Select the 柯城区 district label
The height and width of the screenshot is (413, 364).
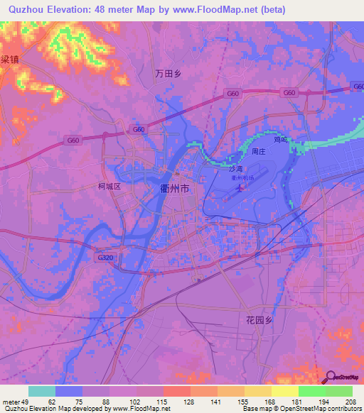pyautogui.click(x=110, y=187)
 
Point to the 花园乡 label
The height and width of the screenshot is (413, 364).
pyautogui.click(x=259, y=320)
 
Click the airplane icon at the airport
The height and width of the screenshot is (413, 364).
pyautogui.click(x=237, y=189)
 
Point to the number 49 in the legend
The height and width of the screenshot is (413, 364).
pyautogui.click(x=25, y=402)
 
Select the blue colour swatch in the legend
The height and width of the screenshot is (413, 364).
pyautogui.click(x=69, y=391)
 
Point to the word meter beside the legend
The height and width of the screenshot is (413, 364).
pyautogui.click(x=10, y=402)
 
